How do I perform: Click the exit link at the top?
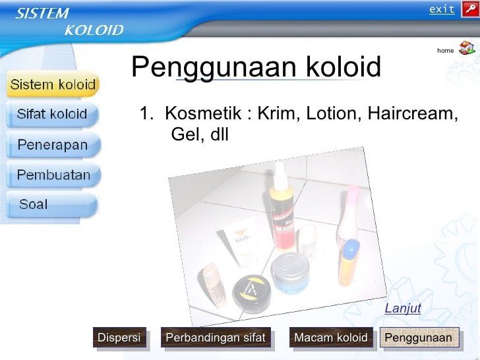coord(442,9)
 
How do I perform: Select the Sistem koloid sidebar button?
coord(53,85)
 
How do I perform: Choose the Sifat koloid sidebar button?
coord(52,114)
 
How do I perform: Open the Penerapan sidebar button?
coord(52,145)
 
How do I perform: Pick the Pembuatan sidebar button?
coord(53,175)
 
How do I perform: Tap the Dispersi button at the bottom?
coord(119,338)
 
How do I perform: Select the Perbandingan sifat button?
coord(216,338)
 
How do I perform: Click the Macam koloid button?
coord(331,338)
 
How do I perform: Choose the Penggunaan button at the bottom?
coord(419,338)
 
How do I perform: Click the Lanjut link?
coord(403,309)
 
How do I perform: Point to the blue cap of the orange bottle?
coord(350,249)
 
